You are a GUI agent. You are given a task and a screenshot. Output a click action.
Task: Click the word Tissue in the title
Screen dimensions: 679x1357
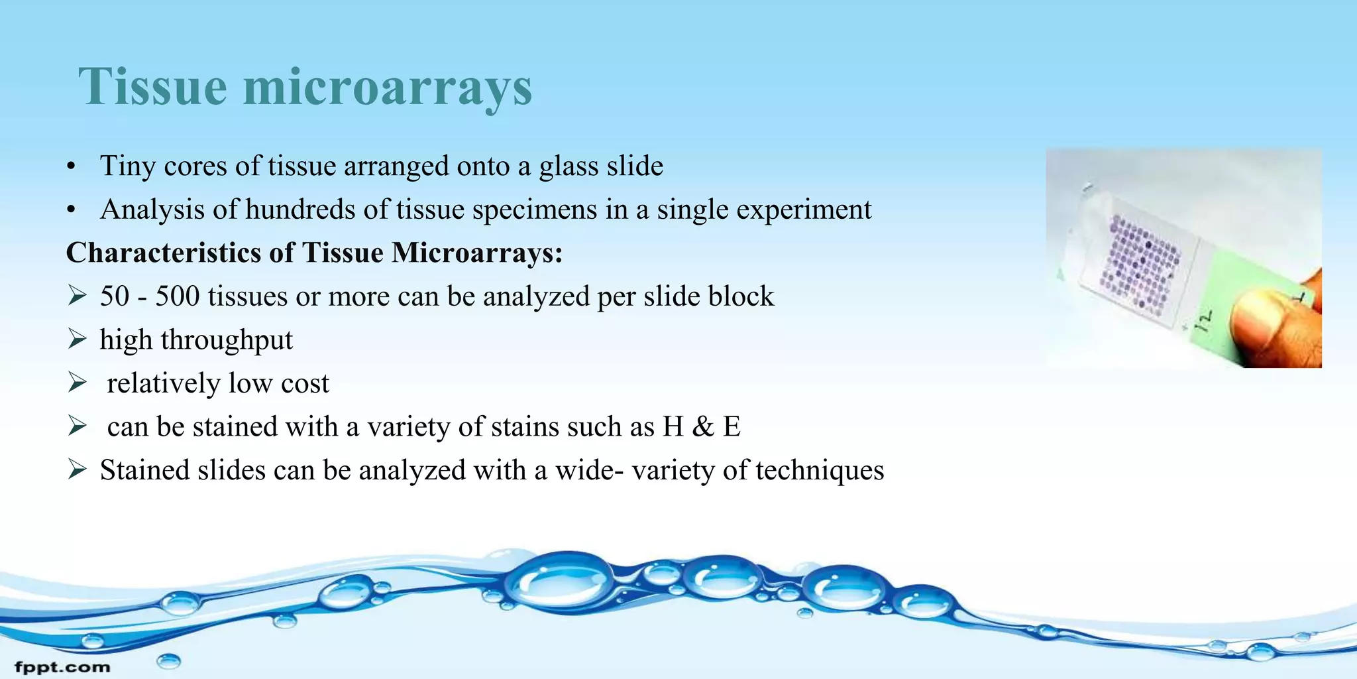(152, 86)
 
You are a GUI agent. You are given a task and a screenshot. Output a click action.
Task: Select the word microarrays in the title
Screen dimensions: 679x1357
(388, 88)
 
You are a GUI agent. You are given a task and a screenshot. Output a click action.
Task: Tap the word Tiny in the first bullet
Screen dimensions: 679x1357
(127, 166)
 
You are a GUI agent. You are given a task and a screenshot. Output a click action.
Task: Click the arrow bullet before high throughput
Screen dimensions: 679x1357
(78, 339)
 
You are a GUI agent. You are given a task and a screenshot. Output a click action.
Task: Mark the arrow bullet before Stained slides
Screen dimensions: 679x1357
(78, 470)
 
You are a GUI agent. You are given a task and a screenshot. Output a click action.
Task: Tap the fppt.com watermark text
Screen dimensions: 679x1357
(62, 667)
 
